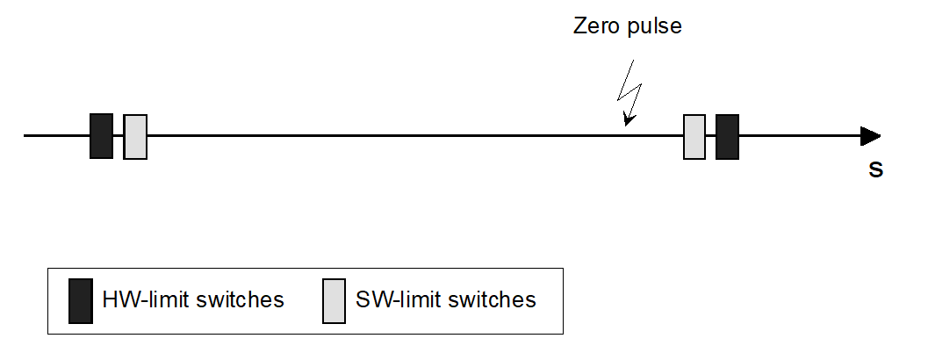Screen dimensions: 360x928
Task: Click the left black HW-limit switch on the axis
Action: pos(101,136)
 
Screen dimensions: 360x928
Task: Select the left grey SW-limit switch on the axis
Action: pos(135,137)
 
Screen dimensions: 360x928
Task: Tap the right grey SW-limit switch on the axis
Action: pos(694,137)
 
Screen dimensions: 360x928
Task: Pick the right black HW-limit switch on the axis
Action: pos(727,137)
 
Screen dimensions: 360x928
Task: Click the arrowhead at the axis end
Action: pos(870,136)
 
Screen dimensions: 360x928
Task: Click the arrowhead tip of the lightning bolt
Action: pos(627,122)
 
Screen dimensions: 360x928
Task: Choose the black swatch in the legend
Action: pos(81,300)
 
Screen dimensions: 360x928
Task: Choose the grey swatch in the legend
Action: pos(334,300)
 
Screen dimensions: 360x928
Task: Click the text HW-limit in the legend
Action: pos(140,299)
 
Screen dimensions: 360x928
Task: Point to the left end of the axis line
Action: pos(25,136)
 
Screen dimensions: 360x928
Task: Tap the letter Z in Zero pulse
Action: pos(580,26)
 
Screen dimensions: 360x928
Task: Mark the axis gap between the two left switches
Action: pos(119,136)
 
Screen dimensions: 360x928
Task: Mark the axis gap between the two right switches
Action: pos(710,136)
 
